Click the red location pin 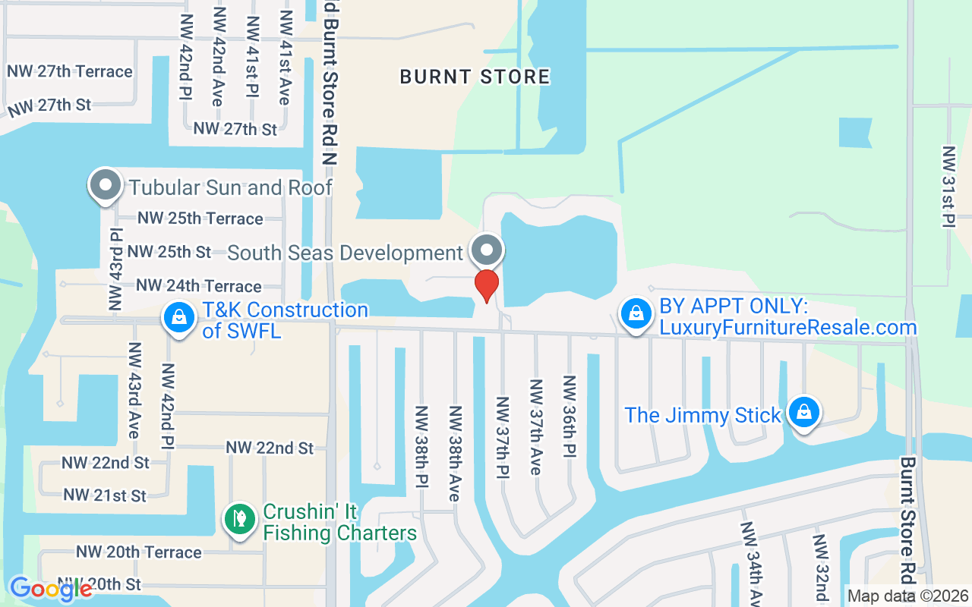click(x=486, y=285)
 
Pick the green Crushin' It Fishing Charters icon click(x=240, y=520)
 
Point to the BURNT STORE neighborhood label click(x=475, y=77)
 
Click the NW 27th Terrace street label click(x=70, y=71)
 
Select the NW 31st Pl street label click(x=948, y=187)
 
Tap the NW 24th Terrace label click(x=199, y=286)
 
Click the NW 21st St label click(x=105, y=495)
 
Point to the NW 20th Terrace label click(x=139, y=552)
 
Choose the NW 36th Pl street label click(x=569, y=416)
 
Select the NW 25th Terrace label click(x=200, y=219)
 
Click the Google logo click(x=50, y=588)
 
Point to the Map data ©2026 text click(x=908, y=596)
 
